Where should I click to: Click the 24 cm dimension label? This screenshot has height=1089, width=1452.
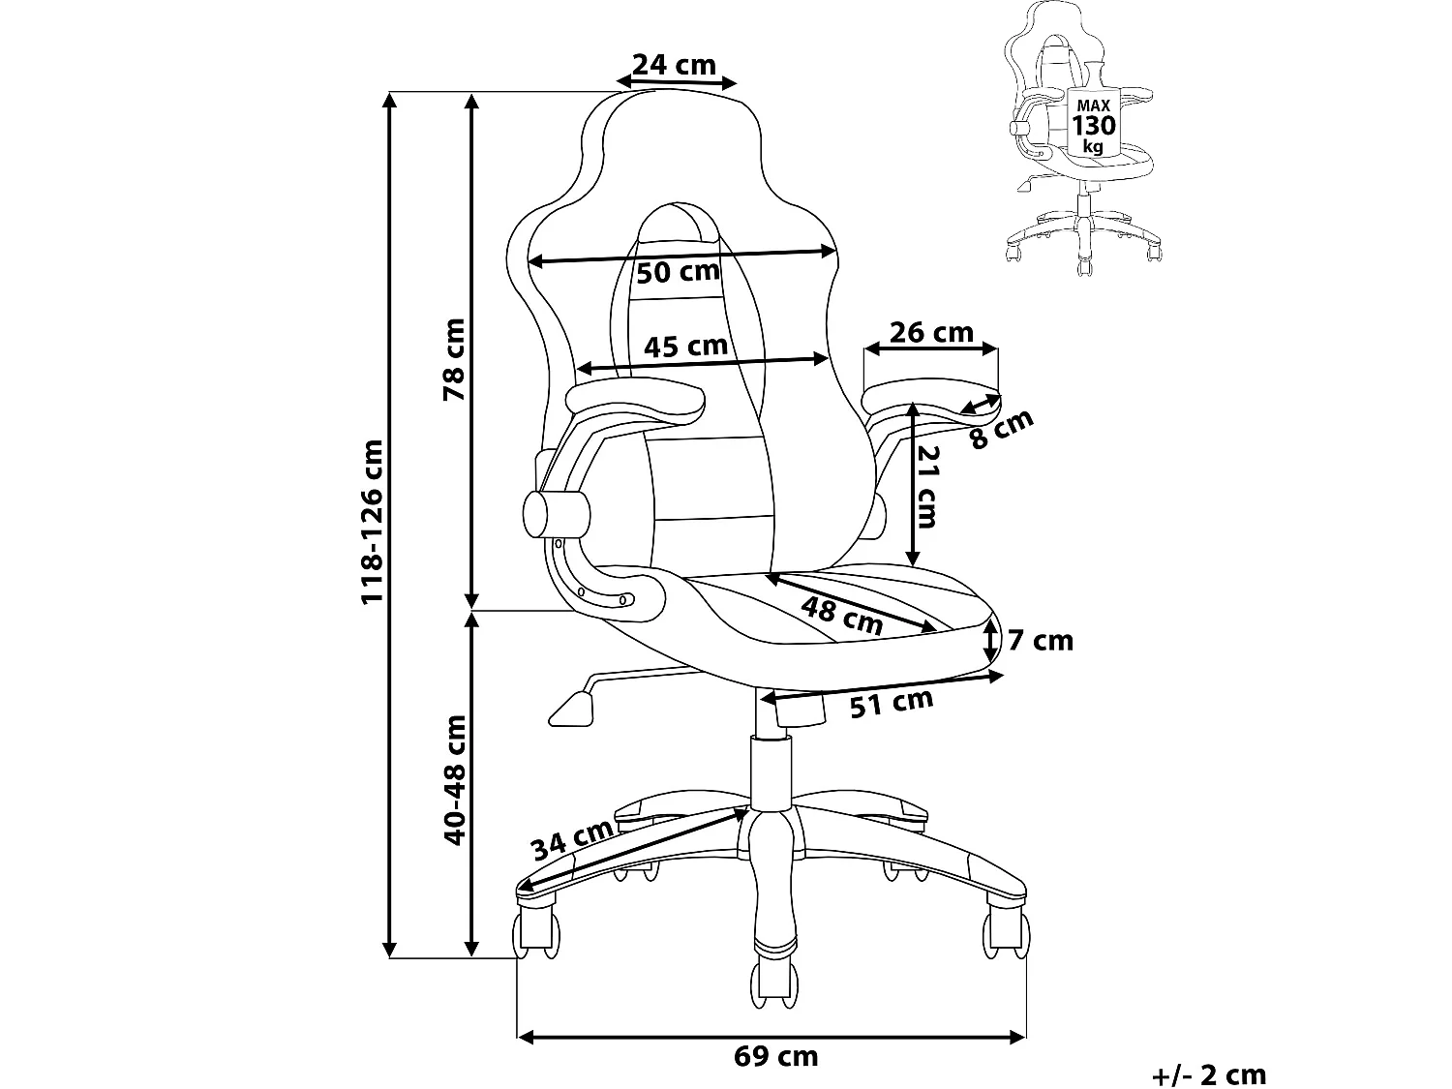click(x=674, y=65)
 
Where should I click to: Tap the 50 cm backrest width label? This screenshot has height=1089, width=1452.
click(x=678, y=272)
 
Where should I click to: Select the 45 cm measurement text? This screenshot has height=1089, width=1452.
click(x=685, y=346)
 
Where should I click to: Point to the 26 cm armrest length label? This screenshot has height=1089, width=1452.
click(x=930, y=332)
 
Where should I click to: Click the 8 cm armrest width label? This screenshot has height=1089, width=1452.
click(x=1003, y=429)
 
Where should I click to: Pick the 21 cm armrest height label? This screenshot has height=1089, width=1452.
click(x=926, y=486)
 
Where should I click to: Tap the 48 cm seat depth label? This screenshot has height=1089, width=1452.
click(x=843, y=616)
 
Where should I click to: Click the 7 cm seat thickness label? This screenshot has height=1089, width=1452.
click(x=1041, y=640)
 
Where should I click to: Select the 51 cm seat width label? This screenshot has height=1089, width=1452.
click(x=891, y=704)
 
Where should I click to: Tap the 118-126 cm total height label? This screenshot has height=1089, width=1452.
click(x=373, y=522)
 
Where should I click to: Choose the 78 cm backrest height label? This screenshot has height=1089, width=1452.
click(x=453, y=359)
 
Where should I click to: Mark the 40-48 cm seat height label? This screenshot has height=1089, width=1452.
click(x=453, y=780)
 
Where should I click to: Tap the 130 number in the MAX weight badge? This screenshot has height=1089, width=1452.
click(x=1093, y=125)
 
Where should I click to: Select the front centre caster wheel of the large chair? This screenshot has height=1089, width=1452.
click(x=775, y=980)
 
